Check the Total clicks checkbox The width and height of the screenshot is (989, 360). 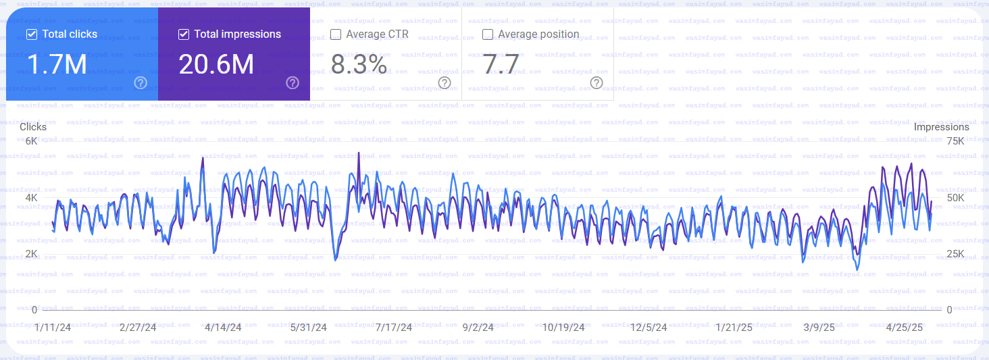click(x=32, y=34)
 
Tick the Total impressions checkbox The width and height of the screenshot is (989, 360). click(x=184, y=34)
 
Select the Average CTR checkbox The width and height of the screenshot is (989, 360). click(x=336, y=34)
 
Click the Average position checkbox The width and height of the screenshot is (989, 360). click(x=488, y=34)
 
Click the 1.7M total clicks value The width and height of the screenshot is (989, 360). click(x=57, y=64)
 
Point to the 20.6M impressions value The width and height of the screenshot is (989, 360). click(x=216, y=64)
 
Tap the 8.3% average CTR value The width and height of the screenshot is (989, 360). click(x=359, y=64)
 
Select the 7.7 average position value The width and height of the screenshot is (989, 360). click(x=501, y=64)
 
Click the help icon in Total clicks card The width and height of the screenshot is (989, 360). click(x=141, y=82)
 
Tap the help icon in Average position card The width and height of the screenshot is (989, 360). click(x=597, y=82)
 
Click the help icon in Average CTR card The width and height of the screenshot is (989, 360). click(x=445, y=82)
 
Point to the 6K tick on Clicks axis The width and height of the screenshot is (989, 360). click(x=31, y=141)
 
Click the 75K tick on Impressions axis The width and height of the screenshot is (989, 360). click(x=955, y=141)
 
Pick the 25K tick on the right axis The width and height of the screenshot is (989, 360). click(x=955, y=254)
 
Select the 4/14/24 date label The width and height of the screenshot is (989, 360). click(x=223, y=328)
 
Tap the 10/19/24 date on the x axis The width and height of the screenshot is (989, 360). click(x=563, y=328)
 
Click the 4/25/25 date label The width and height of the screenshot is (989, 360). click(x=904, y=328)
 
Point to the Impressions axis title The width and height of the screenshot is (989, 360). click(x=941, y=127)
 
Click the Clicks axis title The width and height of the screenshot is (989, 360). click(x=33, y=127)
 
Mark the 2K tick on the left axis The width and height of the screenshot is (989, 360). click(x=31, y=254)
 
